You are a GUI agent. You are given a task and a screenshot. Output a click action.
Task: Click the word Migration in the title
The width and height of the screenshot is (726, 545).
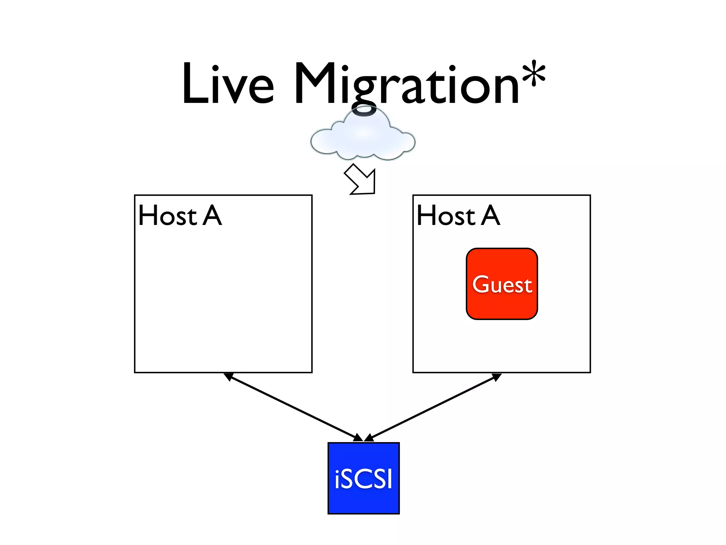point(406,85)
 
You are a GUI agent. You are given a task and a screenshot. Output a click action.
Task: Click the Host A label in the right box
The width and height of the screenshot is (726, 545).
point(458,215)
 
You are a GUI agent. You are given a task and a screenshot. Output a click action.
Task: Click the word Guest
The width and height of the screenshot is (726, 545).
point(502,285)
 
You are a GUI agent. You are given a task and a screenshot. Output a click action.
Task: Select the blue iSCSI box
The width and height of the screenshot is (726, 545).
point(363,500)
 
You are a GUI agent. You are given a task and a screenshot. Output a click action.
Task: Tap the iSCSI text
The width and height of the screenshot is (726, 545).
point(363,479)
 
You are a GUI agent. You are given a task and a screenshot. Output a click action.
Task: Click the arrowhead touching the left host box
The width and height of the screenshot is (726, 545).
point(228,376)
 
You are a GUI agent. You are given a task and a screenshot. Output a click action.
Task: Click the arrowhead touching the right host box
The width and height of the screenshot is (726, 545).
point(497,377)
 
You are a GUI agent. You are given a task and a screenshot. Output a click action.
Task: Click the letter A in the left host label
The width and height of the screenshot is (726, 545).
point(212,215)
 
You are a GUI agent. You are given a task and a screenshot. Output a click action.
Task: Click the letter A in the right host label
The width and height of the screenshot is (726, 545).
point(491,215)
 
